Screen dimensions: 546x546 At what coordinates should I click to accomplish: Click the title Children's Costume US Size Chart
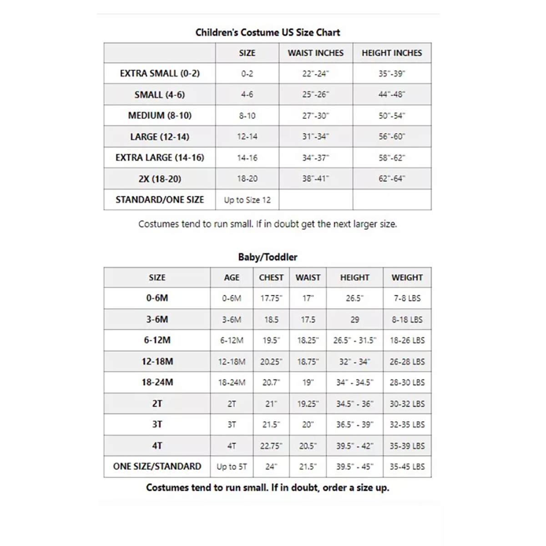(268, 32)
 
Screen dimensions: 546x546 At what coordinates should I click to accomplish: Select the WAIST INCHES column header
(315, 53)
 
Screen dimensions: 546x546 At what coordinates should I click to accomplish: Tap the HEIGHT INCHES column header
(392, 53)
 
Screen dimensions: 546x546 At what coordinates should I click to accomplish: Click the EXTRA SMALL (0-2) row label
(160, 73)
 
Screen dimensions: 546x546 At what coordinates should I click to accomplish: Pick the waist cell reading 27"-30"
(315, 116)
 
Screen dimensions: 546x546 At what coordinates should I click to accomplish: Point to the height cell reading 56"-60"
(392, 136)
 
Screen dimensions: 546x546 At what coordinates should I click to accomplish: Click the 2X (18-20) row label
(160, 179)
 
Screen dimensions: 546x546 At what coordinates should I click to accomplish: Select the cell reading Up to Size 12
(247, 200)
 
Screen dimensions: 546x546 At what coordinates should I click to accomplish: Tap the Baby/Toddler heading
(268, 257)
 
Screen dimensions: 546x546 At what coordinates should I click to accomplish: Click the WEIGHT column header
(407, 278)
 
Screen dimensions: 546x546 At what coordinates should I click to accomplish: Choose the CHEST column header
(271, 278)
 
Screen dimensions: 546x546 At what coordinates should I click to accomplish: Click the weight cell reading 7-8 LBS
(407, 298)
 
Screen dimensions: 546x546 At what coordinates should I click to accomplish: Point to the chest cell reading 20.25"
(271, 362)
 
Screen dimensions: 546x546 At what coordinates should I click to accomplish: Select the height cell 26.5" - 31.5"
(354, 340)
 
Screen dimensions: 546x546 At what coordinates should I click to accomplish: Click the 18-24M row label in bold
(157, 382)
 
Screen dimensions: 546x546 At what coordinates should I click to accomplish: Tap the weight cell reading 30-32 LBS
(407, 404)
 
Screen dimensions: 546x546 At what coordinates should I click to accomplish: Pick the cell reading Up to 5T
(232, 466)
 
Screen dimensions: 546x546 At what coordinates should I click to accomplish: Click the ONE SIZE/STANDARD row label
(157, 466)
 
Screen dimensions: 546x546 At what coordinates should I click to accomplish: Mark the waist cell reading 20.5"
(308, 446)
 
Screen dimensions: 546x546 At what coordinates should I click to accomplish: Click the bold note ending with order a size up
(268, 488)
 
